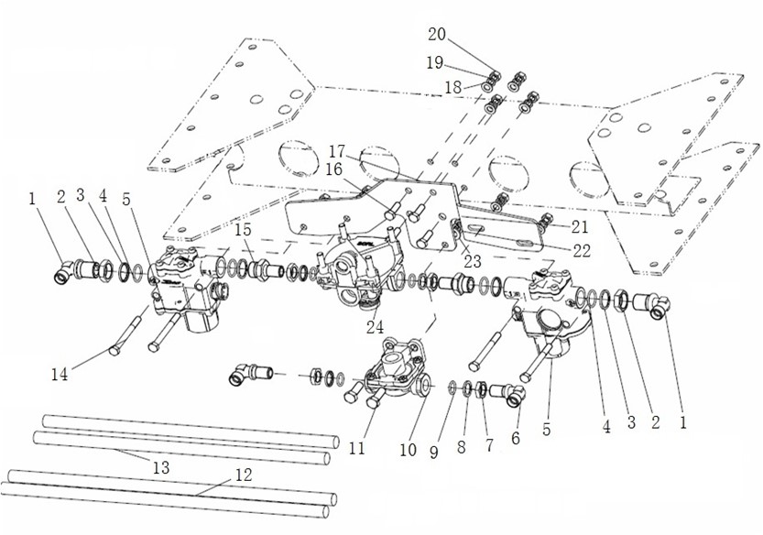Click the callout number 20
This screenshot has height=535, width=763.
(437, 35)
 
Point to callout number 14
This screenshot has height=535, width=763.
(60, 374)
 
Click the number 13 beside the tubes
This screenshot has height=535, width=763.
(160, 467)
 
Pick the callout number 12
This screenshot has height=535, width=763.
(244, 475)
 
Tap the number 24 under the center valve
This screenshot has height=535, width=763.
(375, 327)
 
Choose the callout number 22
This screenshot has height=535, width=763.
(581, 250)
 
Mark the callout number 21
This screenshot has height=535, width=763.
(579, 226)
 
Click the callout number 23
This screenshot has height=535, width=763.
(472, 261)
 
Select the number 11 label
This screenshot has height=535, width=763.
(356, 448)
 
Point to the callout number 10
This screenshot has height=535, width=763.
(408, 450)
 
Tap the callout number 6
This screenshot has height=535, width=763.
(516, 438)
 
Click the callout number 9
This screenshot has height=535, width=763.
(433, 453)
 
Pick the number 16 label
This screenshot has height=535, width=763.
(333, 169)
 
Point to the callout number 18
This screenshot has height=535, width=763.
(453, 88)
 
